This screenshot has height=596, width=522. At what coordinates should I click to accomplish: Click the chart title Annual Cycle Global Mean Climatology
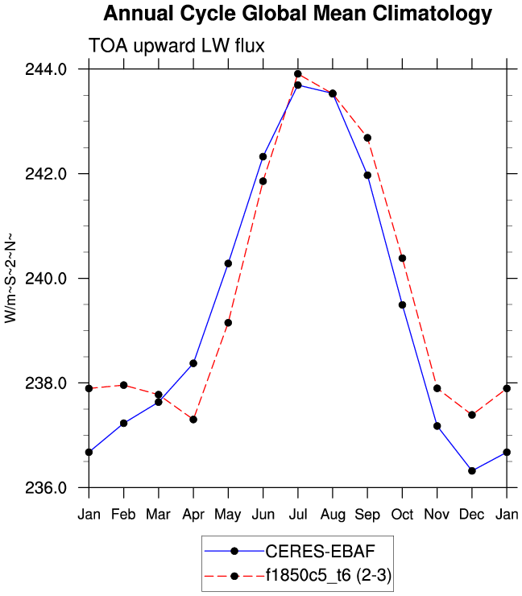click(297, 14)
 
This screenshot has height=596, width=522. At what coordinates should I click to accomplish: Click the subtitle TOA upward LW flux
click(176, 46)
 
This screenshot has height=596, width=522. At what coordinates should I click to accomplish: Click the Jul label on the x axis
click(298, 513)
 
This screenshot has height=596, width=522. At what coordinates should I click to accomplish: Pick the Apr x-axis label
click(193, 513)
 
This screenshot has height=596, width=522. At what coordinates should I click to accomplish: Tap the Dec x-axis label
click(472, 513)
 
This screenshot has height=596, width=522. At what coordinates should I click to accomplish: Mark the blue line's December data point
click(472, 471)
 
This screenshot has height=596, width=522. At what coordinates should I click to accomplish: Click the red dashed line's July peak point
click(298, 74)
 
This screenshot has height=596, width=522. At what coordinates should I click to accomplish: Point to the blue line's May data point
click(228, 263)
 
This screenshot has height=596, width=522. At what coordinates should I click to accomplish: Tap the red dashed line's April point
click(193, 420)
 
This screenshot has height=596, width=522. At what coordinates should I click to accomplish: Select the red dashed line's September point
click(367, 138)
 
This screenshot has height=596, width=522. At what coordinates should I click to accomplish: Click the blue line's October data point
click(402, 304)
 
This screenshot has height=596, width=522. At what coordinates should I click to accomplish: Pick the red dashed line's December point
click(472, 415)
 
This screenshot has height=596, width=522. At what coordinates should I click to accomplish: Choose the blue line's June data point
click(263, 156)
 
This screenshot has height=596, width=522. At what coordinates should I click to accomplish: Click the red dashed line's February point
click(123, 385)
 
